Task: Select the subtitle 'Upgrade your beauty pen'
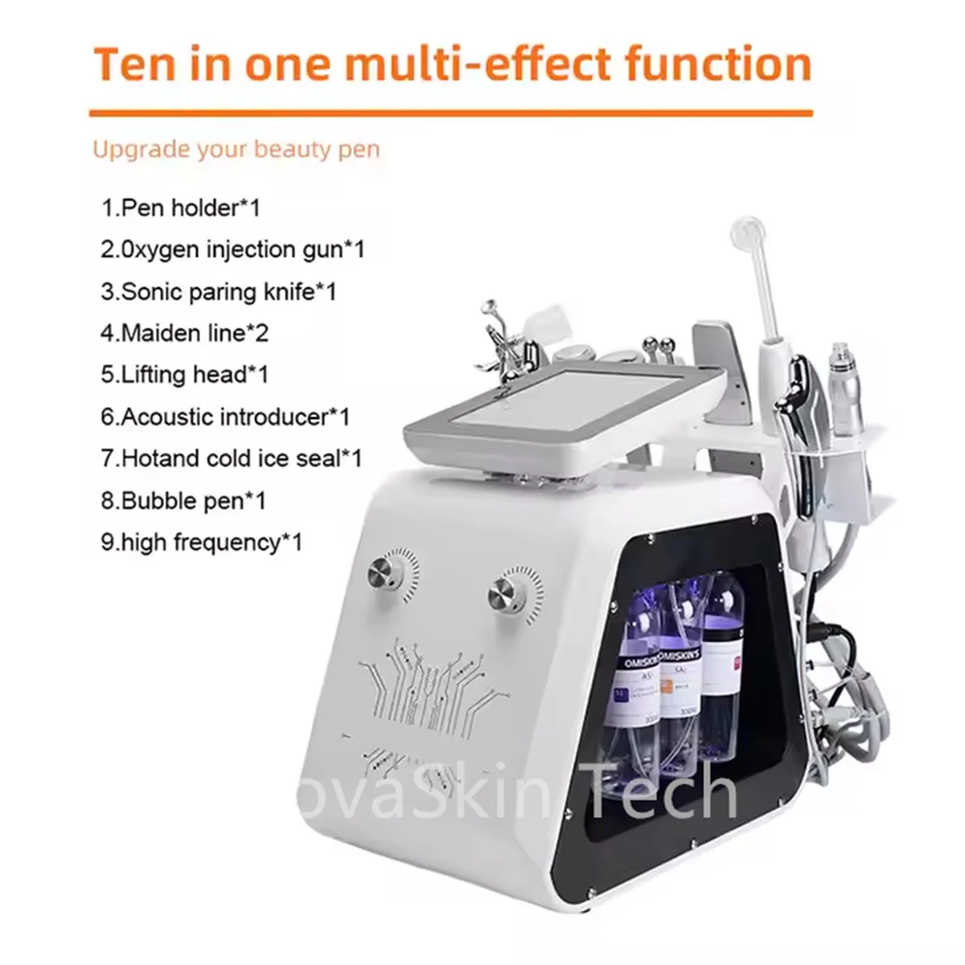[x=236, y=150]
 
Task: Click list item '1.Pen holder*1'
[x=181, y=208]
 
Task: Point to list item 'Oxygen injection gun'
[x=233, y=250]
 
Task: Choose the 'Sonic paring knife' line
[x=219, y=291]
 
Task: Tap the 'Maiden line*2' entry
[x=185, y=333]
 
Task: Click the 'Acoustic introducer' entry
[x=226, y=417]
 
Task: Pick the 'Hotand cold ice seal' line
[x=232, y=458]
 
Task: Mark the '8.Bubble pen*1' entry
[x=183, y=501]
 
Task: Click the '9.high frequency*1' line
[x=202, y=543]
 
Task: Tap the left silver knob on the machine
[x=379, y=573]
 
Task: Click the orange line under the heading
[x=450, y=113]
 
